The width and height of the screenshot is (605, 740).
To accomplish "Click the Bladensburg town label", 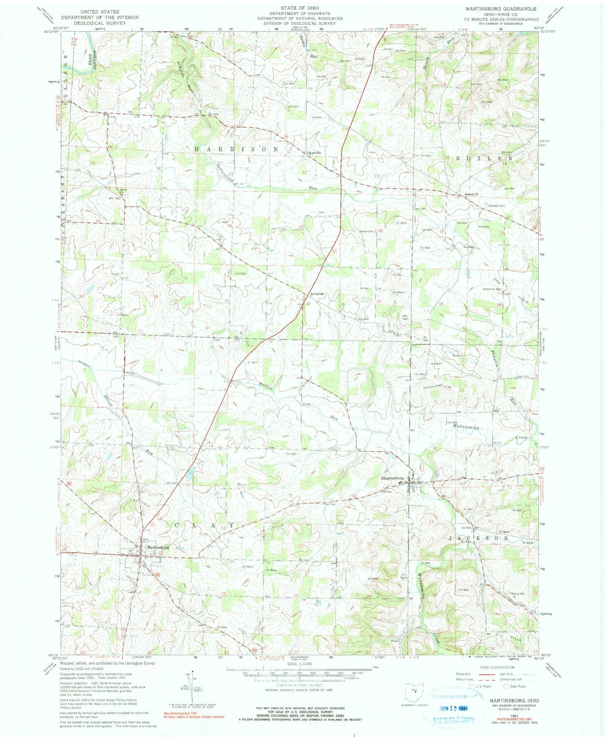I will [x=392, y=478].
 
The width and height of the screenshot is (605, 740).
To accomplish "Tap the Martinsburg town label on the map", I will [x=158, y=547].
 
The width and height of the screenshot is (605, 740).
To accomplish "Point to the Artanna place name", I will [x=317, y=294].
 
